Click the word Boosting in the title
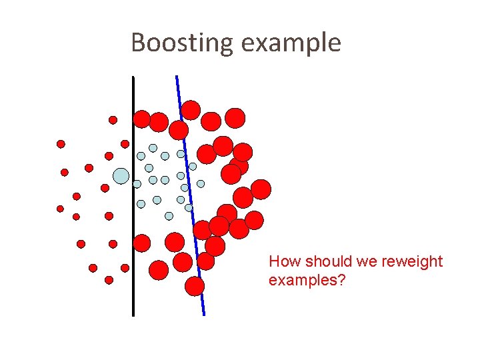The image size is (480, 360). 182,43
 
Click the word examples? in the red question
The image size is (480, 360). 307,280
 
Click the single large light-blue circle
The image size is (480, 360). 121,176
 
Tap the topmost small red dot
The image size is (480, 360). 113,120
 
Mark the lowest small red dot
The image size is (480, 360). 109,280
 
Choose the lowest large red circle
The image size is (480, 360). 195,286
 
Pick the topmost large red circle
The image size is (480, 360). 191,109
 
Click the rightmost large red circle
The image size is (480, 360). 261,189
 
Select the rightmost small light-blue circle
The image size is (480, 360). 201,183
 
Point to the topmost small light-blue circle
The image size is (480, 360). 153,148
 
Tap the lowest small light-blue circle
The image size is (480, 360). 169,215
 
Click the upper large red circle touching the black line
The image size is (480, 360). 142,119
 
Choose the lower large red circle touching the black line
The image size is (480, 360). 142,243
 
